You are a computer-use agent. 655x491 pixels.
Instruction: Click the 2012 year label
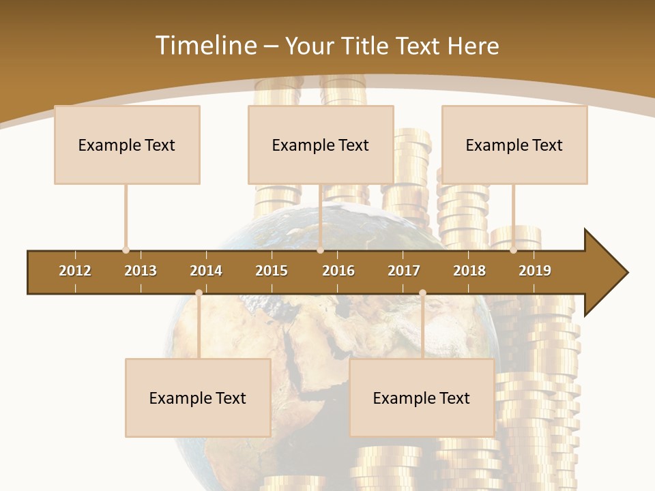[x=75, y=271]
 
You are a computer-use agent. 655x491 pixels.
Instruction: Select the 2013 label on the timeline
[x=141, y=271]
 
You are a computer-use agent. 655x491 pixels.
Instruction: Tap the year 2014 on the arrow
[x=206, y=271]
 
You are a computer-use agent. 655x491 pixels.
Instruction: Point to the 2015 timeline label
[x=272, y=271]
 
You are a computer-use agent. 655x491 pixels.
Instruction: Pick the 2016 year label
[x=338, y=271]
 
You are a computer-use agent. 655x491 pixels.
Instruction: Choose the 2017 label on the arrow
[x=404, y=271]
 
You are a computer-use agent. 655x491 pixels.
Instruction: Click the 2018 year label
[x=469, y=271]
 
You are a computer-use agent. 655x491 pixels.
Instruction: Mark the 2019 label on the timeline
[x=535, y=271]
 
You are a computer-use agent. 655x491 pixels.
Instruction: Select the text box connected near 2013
[x=127, y=145]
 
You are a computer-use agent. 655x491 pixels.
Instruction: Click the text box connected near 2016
[x=321, y=145]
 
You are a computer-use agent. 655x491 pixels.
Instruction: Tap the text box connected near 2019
[x=514, y=145]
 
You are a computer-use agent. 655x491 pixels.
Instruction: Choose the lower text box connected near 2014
[x=198, y=398]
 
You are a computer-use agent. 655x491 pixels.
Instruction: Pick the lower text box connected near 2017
[x=422, y=398]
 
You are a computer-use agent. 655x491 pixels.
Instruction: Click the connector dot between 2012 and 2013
[x=126, y=250]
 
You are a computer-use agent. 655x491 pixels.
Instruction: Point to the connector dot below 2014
[x=199, y=293]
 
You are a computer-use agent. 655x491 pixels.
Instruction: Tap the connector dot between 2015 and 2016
[x=320, y=250]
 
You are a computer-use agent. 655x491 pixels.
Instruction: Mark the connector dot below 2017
[x=422, y=293]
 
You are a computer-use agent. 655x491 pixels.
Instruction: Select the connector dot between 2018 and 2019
[x=513, y=250]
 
